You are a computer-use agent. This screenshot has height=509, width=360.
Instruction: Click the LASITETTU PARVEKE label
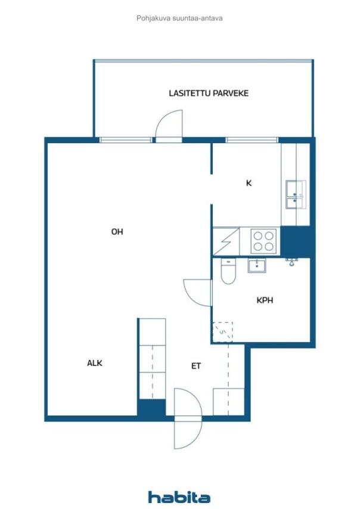coord(208,94)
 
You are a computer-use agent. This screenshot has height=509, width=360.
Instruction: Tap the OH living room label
coord(117,232)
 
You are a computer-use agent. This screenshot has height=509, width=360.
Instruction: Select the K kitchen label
coord(249,183)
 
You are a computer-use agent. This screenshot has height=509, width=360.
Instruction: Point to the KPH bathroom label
coord(265,300)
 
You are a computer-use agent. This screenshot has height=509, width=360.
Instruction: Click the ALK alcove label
coord(95,362)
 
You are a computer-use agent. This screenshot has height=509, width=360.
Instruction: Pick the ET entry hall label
coord(196,366)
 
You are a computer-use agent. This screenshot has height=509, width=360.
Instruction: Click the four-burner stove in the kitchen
coord(263,241)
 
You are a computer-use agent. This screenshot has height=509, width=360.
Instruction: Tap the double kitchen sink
coord(294,195)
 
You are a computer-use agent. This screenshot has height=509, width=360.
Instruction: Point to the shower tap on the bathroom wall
coord(291,261)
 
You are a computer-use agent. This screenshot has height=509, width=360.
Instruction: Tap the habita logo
coord(179,496)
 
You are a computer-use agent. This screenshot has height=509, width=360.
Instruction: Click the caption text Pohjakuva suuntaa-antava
coord(179,18)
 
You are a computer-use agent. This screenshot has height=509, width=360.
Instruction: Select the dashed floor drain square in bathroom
coord(222,331)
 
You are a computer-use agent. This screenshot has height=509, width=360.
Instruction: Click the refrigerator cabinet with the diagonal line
coord(225,242)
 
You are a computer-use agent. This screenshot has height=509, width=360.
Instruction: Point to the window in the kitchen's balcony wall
coord(251,140)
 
